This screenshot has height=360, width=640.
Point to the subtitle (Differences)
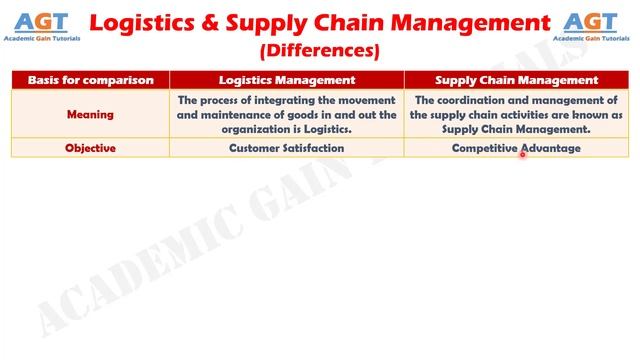[319, 49]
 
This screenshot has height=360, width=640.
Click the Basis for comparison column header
[90, 80]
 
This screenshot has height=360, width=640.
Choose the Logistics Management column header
[287, 80]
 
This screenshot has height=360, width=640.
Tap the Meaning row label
[90, 114]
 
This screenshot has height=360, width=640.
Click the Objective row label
[90, 148]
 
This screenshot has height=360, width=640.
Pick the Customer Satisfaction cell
[287, 148]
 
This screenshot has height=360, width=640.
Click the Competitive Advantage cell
[516, 148]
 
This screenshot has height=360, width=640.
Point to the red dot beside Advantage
[522, 155]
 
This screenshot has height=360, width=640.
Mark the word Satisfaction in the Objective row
[313, 148]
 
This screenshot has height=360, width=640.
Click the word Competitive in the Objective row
[484, 148]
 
